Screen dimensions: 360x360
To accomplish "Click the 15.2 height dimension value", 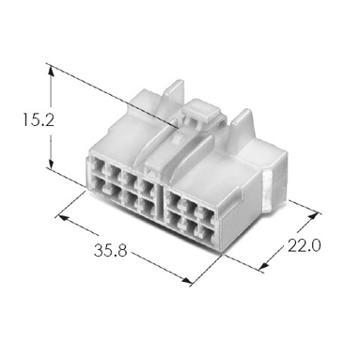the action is tap(39, 120).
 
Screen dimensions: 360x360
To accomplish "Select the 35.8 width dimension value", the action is tap(111, 251).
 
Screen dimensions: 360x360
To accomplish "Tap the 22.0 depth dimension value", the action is tap(305, 245).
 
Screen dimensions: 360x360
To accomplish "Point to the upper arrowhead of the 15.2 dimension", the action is tap(51, 71).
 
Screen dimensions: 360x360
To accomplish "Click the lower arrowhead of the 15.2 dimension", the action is tap(51, 163).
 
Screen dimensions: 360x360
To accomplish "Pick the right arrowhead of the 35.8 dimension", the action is tap(185, 280).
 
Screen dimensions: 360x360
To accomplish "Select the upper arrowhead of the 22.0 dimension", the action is tap(313, 217).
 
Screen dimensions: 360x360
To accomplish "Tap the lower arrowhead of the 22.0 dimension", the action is tap(264, 265).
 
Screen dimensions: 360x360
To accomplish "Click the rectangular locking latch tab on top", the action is tap(201, 112).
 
